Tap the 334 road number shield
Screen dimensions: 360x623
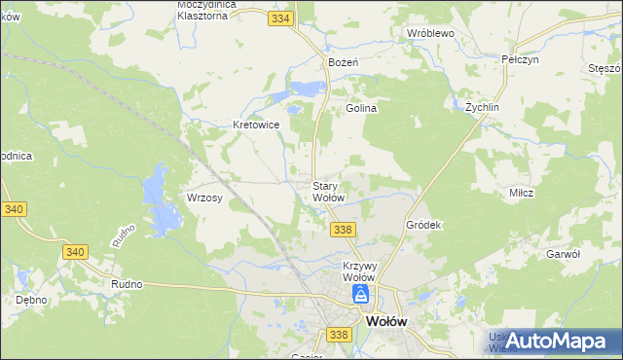pos(281,18)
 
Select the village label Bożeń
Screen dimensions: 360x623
pos(344,61)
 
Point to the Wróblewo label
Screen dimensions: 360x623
pos(431,32)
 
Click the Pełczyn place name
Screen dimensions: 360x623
pos(520,59)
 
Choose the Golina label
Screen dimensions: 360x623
pos(360,109)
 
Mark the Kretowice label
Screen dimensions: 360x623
pos(257,125)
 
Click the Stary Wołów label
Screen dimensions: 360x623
pos(328,191)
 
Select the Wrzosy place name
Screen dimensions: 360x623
pos(205,198)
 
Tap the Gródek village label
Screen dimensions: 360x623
pos(423,225)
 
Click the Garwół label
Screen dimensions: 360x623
pos(564,253)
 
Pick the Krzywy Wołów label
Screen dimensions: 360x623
pos(360,270)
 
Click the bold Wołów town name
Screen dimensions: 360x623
pos(385,321)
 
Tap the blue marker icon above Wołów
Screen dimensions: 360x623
pos(361,294)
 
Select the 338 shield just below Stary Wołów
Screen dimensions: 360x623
pos(342,229)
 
